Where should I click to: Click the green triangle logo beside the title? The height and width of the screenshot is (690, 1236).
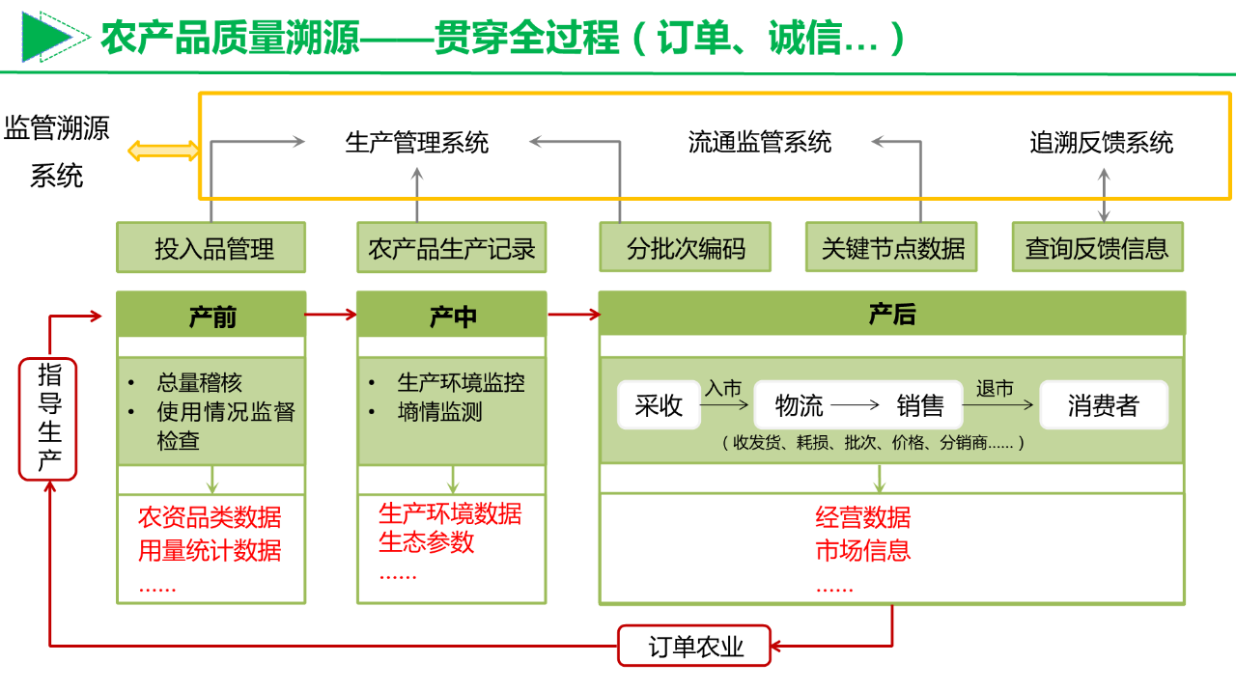[47, 37]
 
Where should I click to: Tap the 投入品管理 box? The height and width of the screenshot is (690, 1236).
[211, 248]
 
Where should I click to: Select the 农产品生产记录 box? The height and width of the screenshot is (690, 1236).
[451, 248]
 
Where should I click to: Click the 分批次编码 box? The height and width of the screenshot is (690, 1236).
[686, 248]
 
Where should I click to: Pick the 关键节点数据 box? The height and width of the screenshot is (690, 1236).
[893, 248]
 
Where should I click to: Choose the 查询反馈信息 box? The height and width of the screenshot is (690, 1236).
[1097, 248]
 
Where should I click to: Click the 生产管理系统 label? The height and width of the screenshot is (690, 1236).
[417, 143]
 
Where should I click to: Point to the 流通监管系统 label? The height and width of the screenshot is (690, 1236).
[760, 143]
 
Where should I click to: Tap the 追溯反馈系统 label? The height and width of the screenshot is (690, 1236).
[1102, 143]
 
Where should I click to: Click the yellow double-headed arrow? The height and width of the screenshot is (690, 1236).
[164, 151]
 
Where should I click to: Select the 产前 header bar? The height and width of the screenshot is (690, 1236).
[211, 315]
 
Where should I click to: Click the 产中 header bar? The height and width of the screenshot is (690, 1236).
[451, 315]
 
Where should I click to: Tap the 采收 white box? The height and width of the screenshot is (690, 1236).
[659, 405]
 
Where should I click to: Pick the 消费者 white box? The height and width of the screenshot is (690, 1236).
[1103, 405]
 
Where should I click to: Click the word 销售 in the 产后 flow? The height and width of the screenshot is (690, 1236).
[919, 405]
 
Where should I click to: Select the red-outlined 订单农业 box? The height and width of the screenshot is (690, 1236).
[694, 646]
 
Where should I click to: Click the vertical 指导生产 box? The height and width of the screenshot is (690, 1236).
[48, 419]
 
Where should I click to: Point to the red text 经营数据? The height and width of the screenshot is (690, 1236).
[862, 518]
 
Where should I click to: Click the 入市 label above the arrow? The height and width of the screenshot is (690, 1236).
[723, 388]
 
